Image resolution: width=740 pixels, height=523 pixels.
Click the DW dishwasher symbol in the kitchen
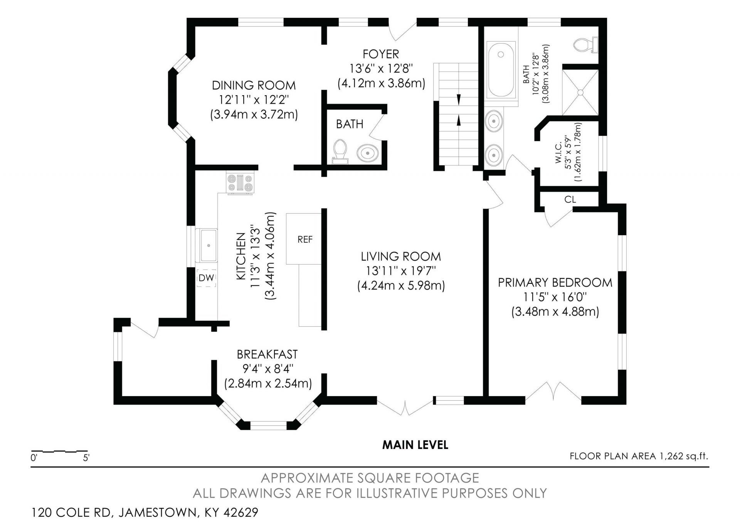[x=206, y=278]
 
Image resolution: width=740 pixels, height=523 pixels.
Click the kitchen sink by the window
[x=206, y=245]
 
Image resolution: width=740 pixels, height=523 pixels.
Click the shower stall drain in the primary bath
[x=580, y=92]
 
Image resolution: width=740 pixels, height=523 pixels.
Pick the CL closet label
[x=570, y=199]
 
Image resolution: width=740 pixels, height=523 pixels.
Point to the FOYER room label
[x=381, y=54]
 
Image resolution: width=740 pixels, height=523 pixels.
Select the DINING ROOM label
[x=254, y=85]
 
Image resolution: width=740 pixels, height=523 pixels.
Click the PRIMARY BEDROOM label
[x=555, y=282]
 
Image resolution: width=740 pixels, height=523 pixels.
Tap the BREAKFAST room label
[x=267, y=354]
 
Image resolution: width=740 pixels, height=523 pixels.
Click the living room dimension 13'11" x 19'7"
[x=401, y=271]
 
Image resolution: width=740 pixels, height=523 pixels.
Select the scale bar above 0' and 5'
[x=59, y=451]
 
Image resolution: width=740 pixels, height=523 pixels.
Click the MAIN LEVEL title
[x=415, y=445]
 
